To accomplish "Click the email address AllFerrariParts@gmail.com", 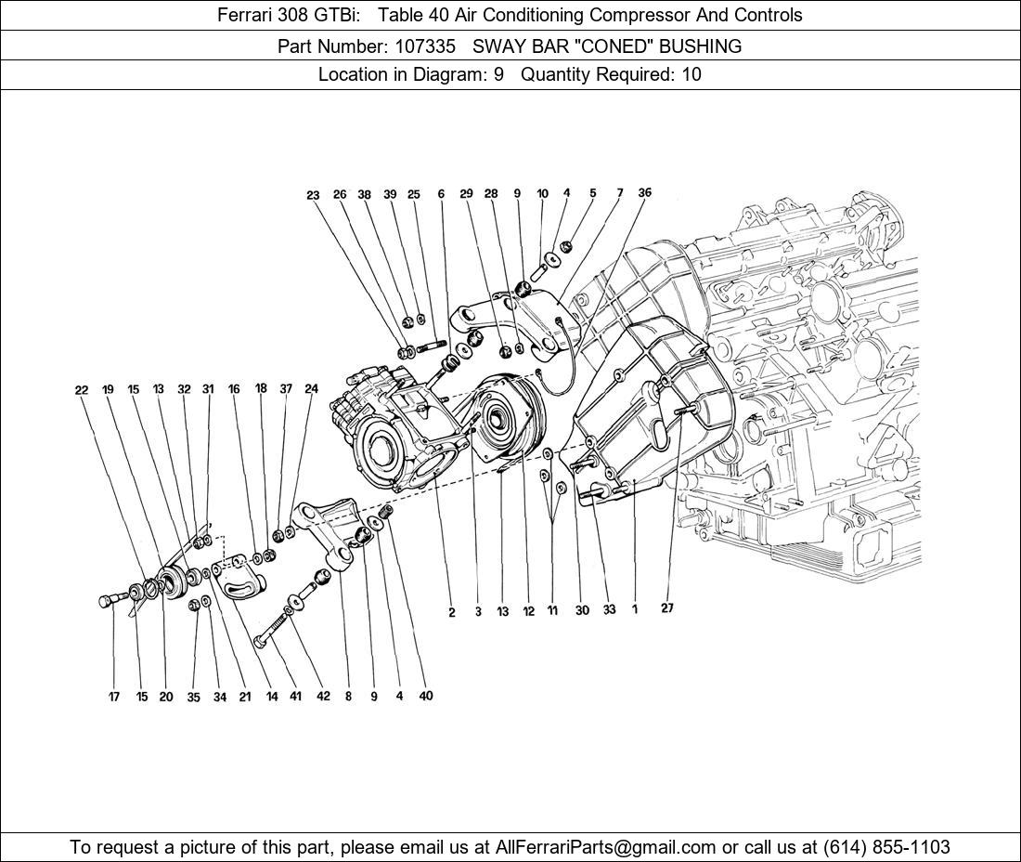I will tap(606, 846).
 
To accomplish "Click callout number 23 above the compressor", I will tap(313, 196).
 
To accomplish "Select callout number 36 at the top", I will tap(644, 193).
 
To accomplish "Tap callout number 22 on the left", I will tap(82, 390).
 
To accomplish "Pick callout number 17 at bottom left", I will tap(114, 697).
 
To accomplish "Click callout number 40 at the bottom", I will tap(425, 696).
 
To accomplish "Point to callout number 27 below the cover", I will tap(667, 608).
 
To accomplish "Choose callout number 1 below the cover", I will tap(635, 610).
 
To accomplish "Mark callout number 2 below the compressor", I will tap(452, 612).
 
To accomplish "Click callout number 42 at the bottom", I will tap(322, 696).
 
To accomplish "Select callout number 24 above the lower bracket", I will tap(311, 389).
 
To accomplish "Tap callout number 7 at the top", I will tap(619, 194).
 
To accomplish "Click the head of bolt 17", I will tap(105, 602).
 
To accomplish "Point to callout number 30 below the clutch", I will tap(582, 610).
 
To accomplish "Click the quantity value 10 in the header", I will tap(691, 75).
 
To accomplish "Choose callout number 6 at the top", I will tap(441, 195).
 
